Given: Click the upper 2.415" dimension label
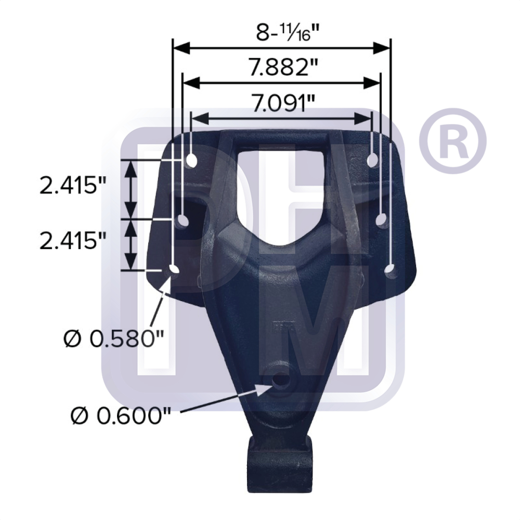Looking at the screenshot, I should point(69,186).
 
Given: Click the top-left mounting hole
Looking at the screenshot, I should point(191,160).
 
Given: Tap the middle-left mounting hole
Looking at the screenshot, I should point(183,221).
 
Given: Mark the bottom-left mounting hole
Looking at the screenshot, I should point(173,269).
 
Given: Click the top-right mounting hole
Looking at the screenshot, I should point(372,160).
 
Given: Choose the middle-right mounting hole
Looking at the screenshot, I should point(381,221).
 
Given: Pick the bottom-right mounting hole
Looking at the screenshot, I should point(390,269).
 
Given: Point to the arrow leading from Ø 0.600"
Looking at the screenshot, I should point(224,400).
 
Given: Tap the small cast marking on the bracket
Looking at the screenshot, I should point(281,328).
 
